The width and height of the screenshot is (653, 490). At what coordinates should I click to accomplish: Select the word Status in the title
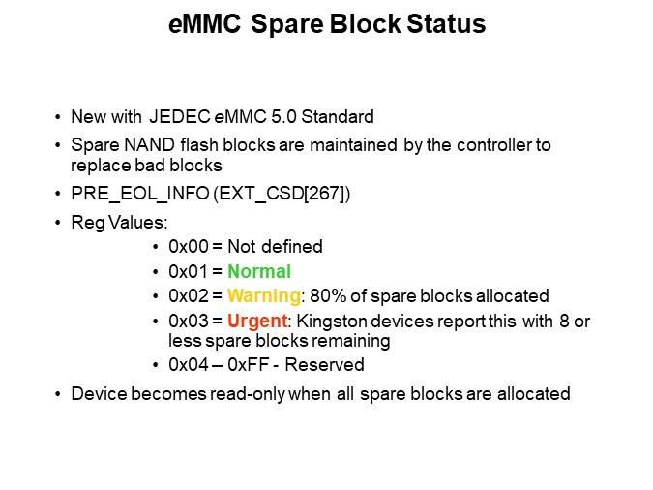tap(438, 25)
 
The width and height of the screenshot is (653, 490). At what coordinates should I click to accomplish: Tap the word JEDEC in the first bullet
tap(175, 118)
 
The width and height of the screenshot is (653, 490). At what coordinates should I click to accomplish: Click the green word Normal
tap(258, 271)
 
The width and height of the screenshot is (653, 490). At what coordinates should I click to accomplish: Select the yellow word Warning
tap(262, 295)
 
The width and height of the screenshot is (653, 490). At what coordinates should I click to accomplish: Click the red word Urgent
tap(256, 321)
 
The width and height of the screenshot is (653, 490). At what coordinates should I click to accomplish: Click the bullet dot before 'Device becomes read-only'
tap(59, 394)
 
